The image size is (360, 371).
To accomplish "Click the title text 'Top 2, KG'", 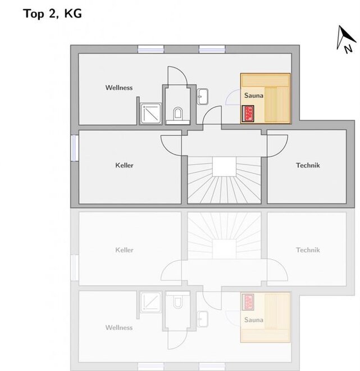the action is pos(52,13).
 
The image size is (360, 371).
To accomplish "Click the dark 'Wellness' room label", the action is pos(119,88).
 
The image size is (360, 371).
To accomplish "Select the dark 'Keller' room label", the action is pos(124,165).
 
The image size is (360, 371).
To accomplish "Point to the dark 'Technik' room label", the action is pos(308,165).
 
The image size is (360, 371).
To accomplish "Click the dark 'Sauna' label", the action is pos(254,96).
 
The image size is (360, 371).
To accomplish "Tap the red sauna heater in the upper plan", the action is pos(248,114).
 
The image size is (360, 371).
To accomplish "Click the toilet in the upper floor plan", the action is pos(178,113).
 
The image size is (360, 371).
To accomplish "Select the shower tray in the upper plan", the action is pos(151,114).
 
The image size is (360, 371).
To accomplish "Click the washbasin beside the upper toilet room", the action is pos(203,97).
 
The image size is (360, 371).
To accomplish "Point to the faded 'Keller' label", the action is pos(124,250).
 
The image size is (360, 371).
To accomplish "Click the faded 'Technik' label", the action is pos(308,250).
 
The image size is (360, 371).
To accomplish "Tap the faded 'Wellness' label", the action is pos(119,328).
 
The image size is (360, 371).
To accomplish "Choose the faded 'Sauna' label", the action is pos(254,320).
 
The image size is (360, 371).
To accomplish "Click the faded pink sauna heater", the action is pos(248,302).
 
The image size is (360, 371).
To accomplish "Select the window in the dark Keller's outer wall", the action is pos(75,148).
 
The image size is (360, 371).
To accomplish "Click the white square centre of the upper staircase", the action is pos(224,166).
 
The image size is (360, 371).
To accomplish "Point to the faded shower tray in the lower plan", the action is pos(151,302).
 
